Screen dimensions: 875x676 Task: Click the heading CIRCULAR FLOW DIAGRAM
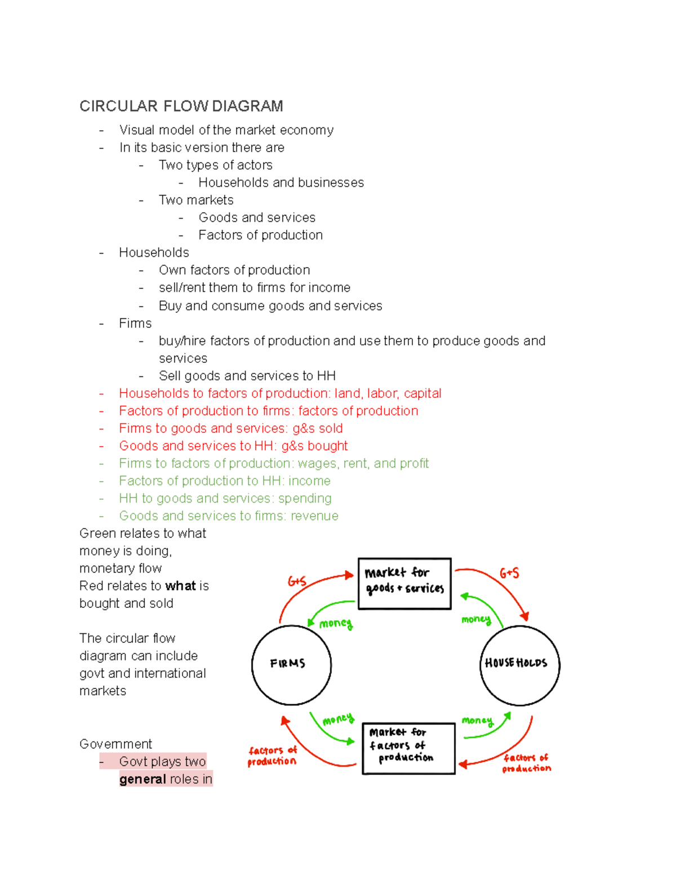point(181,106)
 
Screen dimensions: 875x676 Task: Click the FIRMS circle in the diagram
point(291,664)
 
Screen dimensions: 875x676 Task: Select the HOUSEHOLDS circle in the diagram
point(519,664)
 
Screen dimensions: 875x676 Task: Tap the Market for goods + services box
point(404,583)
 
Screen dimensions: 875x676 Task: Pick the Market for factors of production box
point(408,748)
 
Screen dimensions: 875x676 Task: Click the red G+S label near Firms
point(297,581)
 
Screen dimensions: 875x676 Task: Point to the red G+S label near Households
point(509,573)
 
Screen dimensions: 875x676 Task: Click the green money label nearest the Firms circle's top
point(336,623)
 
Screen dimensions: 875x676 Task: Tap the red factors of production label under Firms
point(272,756)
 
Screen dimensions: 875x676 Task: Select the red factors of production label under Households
point(526,763)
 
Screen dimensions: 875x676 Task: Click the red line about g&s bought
point(233,446)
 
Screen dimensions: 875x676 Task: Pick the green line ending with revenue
point(228,516)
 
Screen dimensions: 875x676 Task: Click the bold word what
point(180,586)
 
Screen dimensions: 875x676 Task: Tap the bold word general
point(143,779)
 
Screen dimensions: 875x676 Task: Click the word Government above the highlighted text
point(115,744)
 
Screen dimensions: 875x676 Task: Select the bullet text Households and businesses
point(281,183)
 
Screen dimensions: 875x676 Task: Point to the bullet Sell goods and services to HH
point(247,376)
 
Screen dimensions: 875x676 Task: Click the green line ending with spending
point(225,498)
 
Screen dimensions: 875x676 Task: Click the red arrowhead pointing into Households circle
point(525,617)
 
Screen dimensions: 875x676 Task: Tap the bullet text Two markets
point(195,200)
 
